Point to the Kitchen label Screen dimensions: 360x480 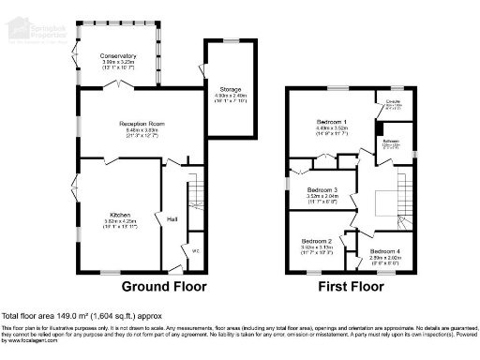click(x=118, y=214)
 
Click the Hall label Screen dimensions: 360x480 click(x=172, y=219)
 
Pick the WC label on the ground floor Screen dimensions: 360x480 click(x=196, y=251)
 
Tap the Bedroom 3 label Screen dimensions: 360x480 click(x=323, y=189)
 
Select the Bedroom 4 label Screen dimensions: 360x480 click(x=384, y=252)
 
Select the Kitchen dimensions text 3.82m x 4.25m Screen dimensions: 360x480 click(x=118, y=221)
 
